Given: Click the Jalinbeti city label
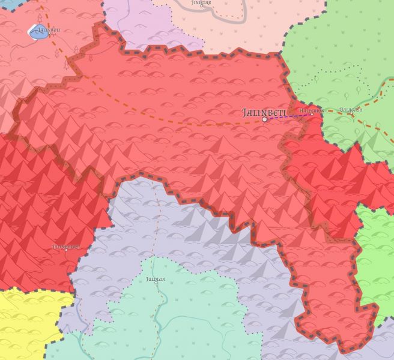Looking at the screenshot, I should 265,112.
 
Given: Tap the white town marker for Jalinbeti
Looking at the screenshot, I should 264,119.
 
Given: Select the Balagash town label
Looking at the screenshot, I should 351,110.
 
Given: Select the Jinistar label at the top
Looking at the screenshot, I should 201,3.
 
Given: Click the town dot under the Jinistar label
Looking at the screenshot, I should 201,8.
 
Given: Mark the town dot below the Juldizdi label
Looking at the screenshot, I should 156,283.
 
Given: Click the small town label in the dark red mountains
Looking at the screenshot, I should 66,247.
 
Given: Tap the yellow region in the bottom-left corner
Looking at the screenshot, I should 24,324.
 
